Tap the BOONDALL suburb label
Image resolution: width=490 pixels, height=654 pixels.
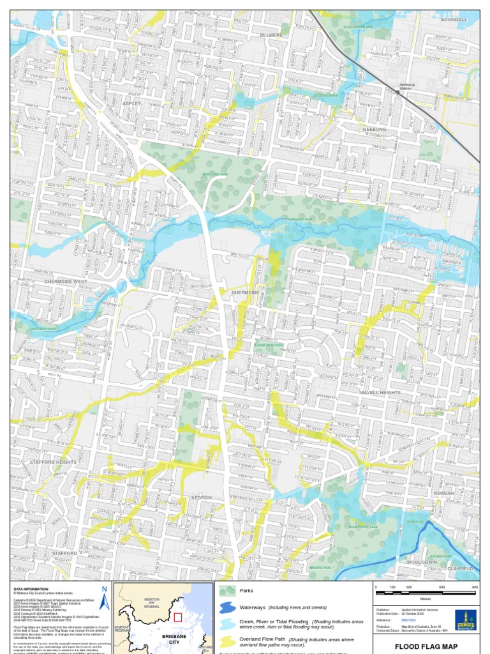454,20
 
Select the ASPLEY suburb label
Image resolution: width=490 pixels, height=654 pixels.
132,102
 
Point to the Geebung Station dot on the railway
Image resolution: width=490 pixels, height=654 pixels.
398,92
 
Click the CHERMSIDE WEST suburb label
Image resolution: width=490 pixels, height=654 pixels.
66,281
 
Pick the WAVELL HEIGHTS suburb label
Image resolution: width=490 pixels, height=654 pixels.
380,392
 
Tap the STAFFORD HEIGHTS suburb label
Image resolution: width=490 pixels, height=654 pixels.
52,462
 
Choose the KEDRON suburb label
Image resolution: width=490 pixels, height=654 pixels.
202,497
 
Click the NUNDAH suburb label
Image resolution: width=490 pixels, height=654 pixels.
443,493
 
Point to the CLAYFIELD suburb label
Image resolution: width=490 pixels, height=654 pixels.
459,568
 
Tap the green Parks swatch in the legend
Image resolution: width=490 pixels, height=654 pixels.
227,591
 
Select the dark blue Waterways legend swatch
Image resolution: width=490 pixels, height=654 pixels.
227,607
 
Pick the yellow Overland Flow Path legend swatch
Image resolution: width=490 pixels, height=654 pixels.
227,640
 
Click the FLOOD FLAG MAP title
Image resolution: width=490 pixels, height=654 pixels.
426,646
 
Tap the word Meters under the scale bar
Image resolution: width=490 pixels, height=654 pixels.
426,599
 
